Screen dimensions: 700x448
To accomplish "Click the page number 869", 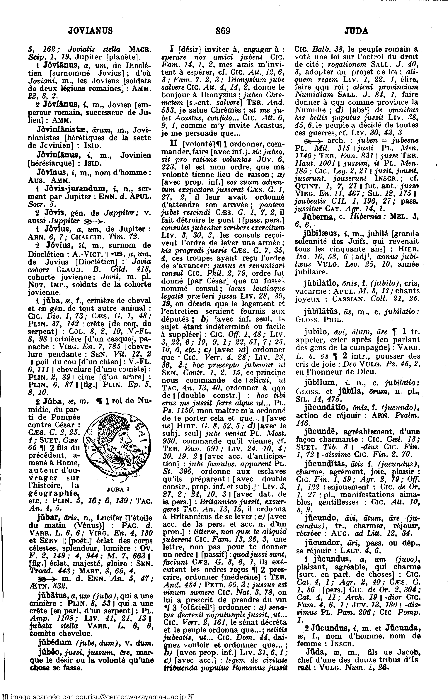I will (x=223, y=30).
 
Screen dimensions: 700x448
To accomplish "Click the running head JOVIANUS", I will (x=90, y=30).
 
